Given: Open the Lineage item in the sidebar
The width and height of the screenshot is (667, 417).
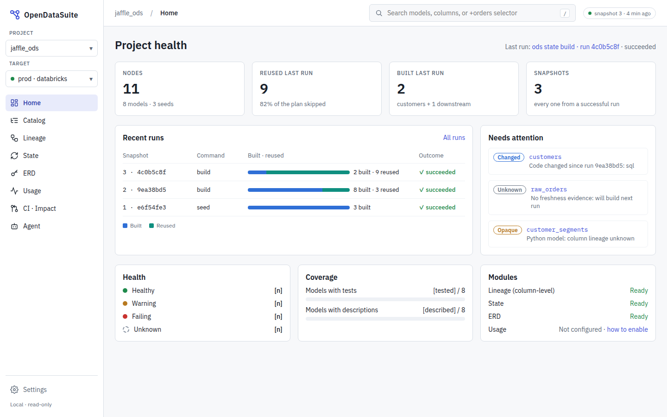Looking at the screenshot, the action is click(x=34, y=138).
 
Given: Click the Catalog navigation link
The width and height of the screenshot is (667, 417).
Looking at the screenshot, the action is click(x=34, y=120).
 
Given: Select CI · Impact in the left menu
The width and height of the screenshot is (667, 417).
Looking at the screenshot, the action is click(x=39, y=208).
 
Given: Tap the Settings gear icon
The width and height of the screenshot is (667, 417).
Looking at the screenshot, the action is click(x=14, y=390).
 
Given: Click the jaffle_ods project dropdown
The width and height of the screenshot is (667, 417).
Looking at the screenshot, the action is click(x=51, y=48).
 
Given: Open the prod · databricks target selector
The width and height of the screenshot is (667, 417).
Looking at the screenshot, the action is click(x=51, y=79).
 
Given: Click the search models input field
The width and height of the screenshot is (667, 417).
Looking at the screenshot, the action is click(x=472, y=13).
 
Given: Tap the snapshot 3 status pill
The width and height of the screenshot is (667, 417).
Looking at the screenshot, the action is click(x=619, y=13).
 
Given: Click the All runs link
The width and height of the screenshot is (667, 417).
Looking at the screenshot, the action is click(x=454, y=138).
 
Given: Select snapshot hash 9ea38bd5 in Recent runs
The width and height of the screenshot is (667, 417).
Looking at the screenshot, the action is click(x=151, y=190).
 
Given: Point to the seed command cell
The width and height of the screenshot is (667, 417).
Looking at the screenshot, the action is click(x=203, y=207).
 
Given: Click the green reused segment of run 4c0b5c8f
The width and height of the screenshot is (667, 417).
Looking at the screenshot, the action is click(x=308, y=172).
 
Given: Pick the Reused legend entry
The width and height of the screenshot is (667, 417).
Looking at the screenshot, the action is click(x=162, y=226).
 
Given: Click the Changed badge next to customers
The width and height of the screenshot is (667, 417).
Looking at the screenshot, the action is click(x=509, y=157).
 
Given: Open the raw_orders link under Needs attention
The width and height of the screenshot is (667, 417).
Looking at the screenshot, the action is click(x=549, y=190).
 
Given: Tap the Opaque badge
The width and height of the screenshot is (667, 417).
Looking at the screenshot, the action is click(x=507, y=230).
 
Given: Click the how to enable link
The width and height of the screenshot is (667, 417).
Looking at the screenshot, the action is click(x=627, y=329).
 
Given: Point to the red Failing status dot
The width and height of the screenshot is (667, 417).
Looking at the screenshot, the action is click(x=125, y=316).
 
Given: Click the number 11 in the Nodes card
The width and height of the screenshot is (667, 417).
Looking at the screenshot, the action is click(x=131, y=89).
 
